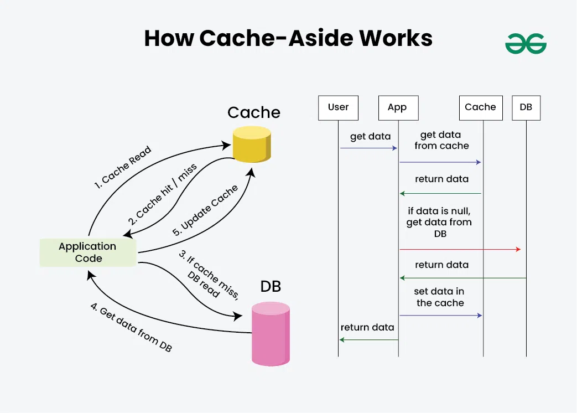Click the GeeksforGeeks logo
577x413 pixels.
(526, 44)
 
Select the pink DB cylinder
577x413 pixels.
(271, 334)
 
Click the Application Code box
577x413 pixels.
(88, 252)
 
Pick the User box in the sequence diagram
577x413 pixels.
(338, 108)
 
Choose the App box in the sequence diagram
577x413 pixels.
(397, 108)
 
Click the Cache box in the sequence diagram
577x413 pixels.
(480, 108)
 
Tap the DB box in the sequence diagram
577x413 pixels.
(526, 108)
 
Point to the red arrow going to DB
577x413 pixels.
(459, 250)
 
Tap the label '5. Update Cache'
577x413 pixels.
(205, 210)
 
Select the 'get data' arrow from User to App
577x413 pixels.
(368, 148)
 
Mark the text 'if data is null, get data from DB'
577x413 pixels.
(440, 222)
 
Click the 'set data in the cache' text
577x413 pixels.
(440, 297)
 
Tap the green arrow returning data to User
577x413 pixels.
(368, 339)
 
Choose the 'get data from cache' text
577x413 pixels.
(441, 140)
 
